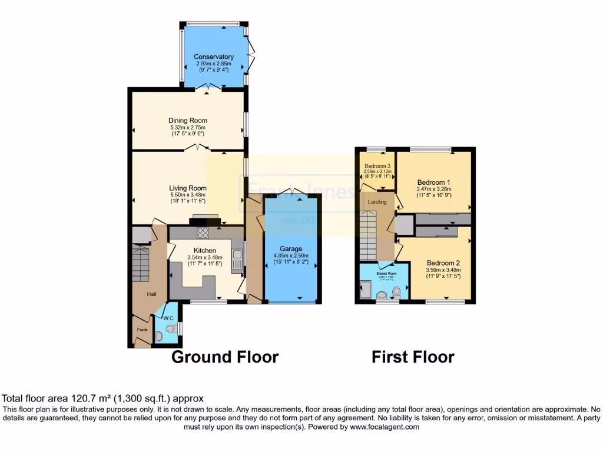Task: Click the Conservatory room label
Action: [x=214, y=57]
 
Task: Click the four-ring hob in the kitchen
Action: [x=203, y=232]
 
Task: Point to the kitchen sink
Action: [x=237, y=260]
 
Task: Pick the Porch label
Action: [x=142, y=330]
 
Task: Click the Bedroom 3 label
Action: [x=377, y=166]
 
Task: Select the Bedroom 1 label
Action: [x=433, y=181]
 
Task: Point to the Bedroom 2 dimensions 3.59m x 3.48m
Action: [x=443, y=270]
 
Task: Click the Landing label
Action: [x=377, y=202]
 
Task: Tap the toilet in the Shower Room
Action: [x=396, y=291]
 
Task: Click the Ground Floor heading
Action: [x=224, y=357]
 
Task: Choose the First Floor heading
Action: [x=413, y=357]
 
